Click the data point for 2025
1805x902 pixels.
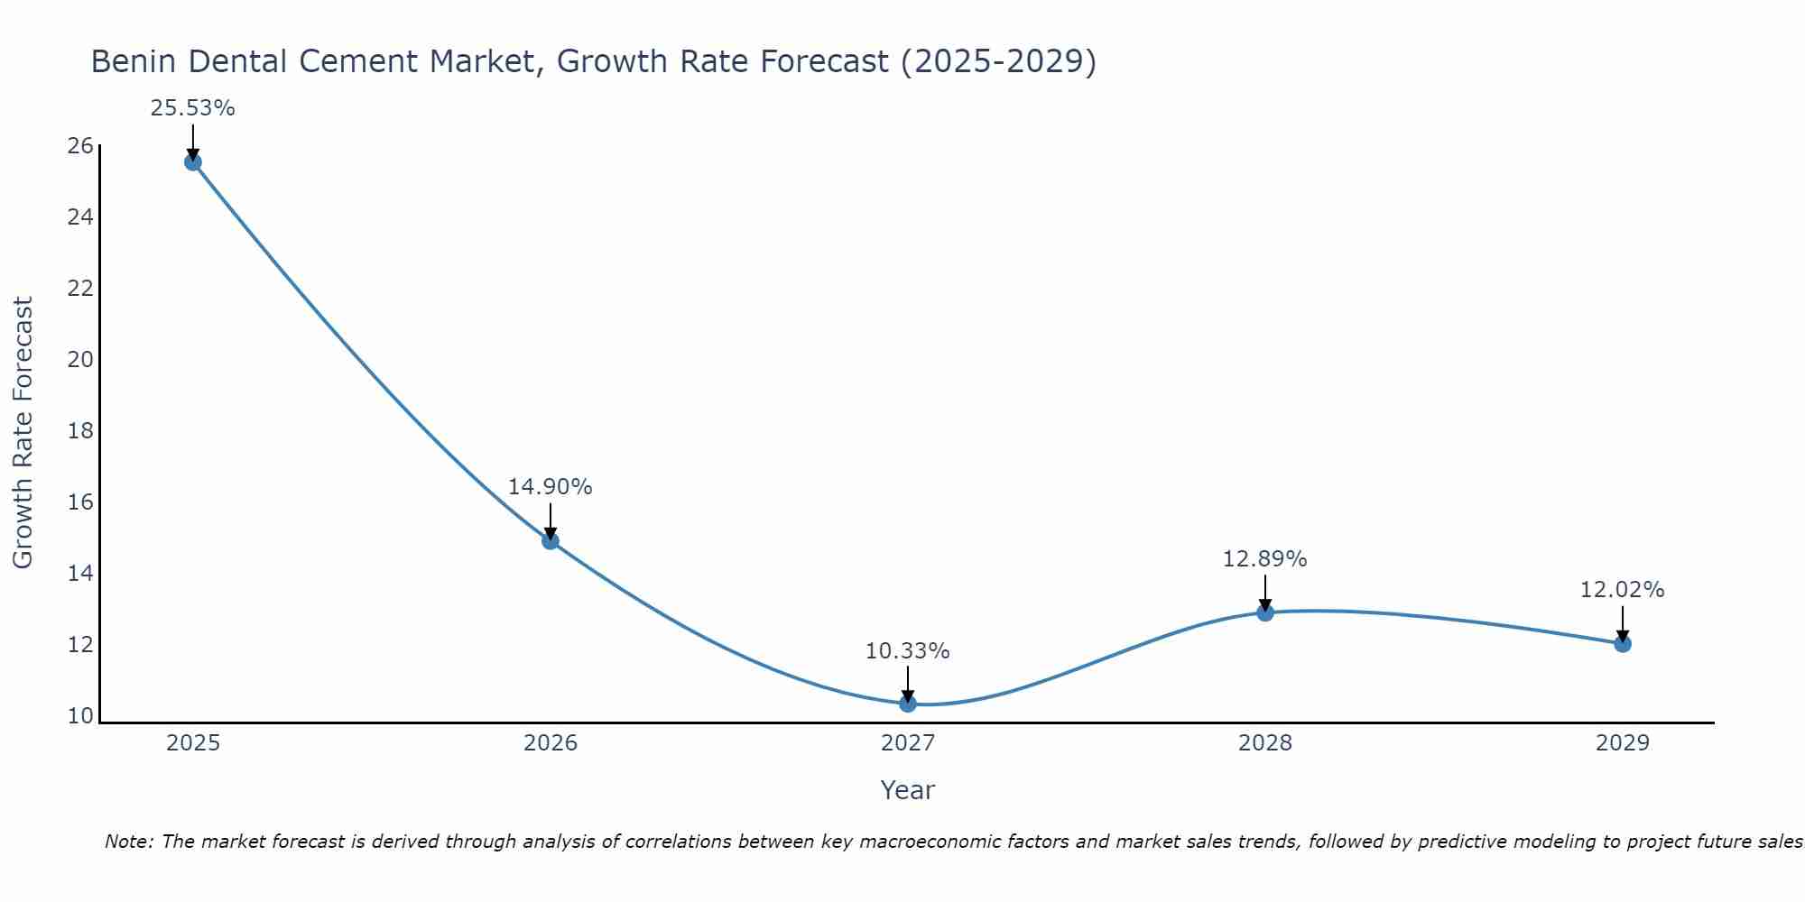coord(192,162)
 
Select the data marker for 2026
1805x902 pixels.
coord(551,541)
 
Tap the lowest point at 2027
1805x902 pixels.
coord(908,704)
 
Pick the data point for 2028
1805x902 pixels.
coord(1265,613)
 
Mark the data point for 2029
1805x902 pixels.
coord(1623,644)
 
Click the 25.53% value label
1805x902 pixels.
coord(192,108)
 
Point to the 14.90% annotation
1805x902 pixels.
coord(550,487)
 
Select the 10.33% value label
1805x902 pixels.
coord(907,651)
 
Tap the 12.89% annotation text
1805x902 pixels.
coord(1264,559)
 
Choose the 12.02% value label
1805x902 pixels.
coord(1622,590)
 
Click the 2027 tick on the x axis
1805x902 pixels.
coord(908,743)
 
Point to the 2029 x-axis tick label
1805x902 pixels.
coord(1623,743)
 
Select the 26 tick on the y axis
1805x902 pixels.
coord(81,146)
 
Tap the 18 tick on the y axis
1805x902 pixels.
coord(81,431)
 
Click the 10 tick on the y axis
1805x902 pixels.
coord(81,716)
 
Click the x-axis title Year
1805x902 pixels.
coord(907,790)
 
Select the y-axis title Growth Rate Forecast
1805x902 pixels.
coord(23,433)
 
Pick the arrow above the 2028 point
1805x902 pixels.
coord(1265,594)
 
